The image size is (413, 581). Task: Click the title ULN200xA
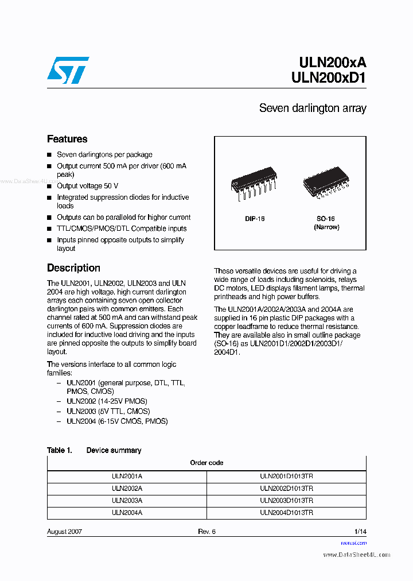[x=332, y=63]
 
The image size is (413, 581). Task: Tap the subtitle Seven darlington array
[x=312, y=108]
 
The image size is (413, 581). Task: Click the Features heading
[x=67, y=139]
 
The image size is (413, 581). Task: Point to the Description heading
[x=73, y=268]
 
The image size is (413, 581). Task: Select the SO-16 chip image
[x=325, y=183]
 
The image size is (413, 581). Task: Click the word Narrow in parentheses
[x=326, y=227]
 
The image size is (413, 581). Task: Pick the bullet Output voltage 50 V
[x=87, y=186]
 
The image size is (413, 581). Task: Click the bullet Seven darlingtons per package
[x=104, y=154]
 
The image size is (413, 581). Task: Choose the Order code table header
[x=206, y=463]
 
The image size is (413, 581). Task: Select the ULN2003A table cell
[x=127, y=501]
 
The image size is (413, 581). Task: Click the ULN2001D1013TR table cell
[x=286, y=476]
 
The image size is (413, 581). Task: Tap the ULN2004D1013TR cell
[x=286, y=513]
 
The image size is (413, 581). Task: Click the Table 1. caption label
[x=59, y=451]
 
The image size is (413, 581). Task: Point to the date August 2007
[x=64, y=532]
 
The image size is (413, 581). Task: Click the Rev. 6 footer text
[x=206, y=532]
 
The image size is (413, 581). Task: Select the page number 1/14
[x=360, y=532]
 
